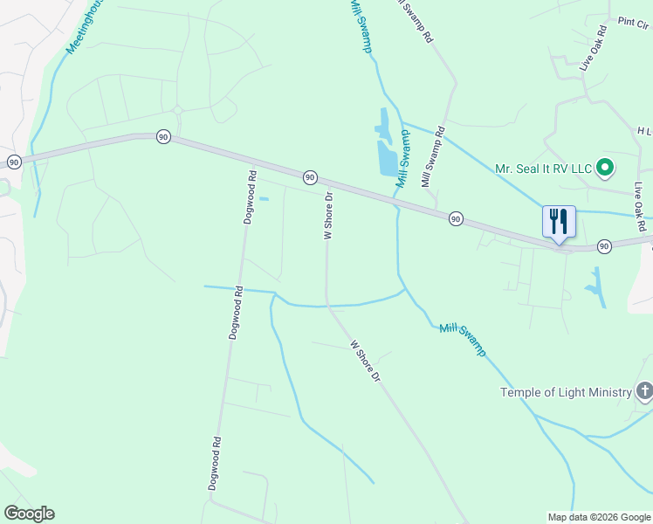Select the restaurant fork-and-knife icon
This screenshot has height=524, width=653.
pyautogui.click(x=559, y=221)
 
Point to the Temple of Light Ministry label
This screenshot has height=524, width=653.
pyautogui.click(x=565, y=392)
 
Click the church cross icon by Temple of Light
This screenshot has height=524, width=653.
pyautogui.click(x=645, y=391)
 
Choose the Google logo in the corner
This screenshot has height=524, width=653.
pyautogui.click(x=29, y=514)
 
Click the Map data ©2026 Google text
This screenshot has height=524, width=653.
pyautogui.click(x=599, y=517)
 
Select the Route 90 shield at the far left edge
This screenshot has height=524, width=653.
pyautogui.click(x=13, y=162)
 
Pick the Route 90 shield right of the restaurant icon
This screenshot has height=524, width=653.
pyautogui.click(x=604, y=247)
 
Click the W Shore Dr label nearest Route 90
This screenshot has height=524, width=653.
pyautogui.click(x=329, y=215)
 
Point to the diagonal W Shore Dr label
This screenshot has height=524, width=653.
pyautogui.click(x=366, y=361)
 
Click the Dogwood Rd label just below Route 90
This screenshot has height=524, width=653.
pyautogui.click(x=250, y=197)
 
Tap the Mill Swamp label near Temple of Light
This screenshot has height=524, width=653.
pyautogui.click(x=463, y=339)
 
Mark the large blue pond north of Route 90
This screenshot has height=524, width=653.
pyautogui.click(x=388, y=157)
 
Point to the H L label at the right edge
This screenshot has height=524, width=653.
pyautogui.click(x=644, y=130)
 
